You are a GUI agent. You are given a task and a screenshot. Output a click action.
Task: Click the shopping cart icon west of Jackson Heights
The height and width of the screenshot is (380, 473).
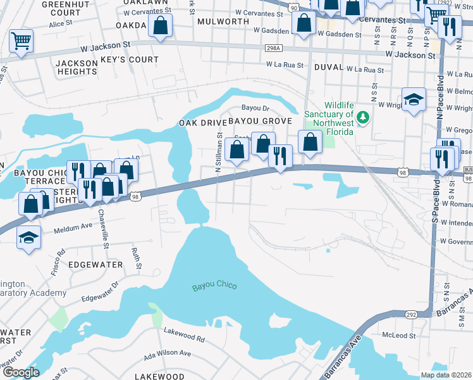[x=21, y=42]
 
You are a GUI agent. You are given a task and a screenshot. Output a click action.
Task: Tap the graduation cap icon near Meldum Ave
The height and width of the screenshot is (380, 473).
[x=28, y=237]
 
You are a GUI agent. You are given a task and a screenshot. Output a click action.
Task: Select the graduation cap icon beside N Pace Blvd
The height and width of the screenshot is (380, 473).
[x=414, y=99]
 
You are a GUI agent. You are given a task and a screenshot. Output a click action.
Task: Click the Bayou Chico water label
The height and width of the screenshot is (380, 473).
[x=214, y=286]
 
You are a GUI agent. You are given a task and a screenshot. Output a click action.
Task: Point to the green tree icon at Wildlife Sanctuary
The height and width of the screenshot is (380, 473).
[x=362, y=117]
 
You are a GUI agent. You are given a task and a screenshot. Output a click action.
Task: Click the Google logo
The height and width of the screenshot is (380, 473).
[x=21, y=372]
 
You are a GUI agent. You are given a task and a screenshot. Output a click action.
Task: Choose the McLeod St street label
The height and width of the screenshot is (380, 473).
[x=398, y=334]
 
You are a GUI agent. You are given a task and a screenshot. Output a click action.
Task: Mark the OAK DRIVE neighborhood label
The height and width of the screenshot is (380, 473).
[x=201, y=122]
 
